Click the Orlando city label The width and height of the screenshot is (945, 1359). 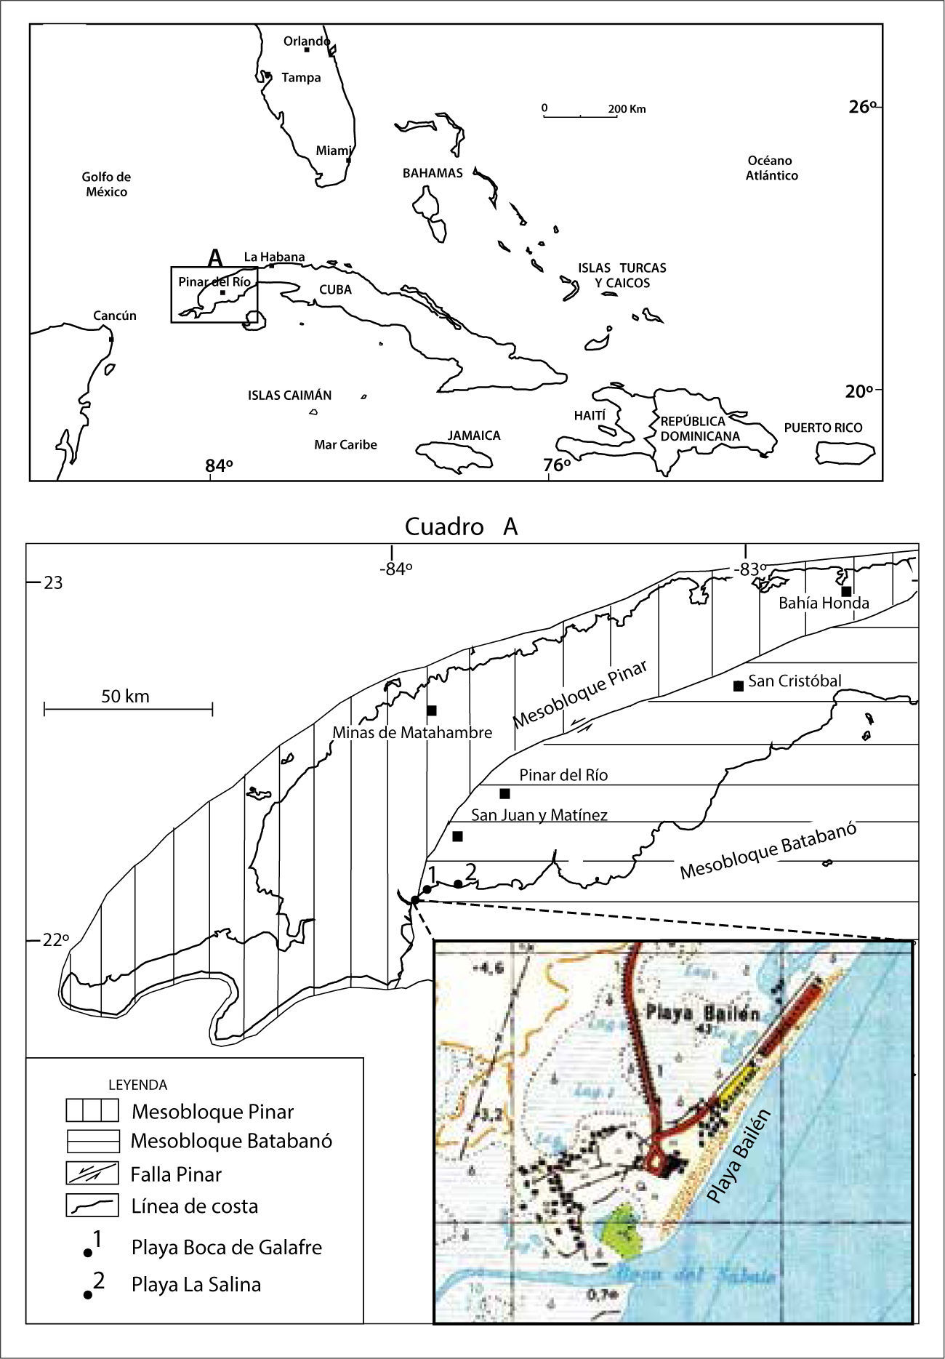306,41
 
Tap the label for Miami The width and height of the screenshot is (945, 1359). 334,151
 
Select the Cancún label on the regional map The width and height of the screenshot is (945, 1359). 115,316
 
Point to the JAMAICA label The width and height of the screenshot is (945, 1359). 474,436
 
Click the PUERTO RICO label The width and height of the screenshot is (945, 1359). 823,428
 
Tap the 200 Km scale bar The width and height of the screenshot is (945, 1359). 580,115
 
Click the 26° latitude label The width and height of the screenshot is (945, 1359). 863,107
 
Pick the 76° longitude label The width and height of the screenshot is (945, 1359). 558,465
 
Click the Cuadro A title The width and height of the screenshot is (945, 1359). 461,526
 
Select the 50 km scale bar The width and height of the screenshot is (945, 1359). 128,707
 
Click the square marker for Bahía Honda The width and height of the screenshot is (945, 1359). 846,590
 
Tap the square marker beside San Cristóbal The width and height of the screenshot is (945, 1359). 739,686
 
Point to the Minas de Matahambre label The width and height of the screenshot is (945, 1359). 412,732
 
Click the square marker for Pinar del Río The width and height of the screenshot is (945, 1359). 505,793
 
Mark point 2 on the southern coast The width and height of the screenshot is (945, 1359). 458,883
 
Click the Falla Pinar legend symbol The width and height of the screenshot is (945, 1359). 92,1174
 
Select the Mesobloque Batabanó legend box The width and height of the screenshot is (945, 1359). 92,1142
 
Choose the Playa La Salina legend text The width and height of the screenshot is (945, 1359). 196,1284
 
